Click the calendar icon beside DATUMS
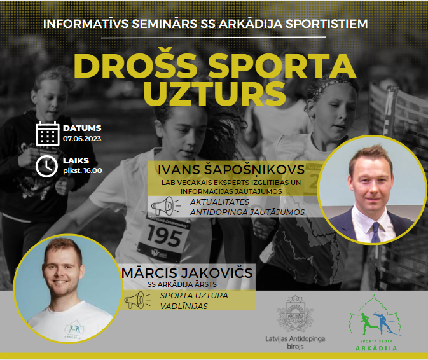pos(48,134)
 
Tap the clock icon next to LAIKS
pos(46,166)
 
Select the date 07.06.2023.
pos(83,139)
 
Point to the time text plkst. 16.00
pos(83,171)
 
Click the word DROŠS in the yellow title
pos(135,66)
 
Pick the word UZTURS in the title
pos(214,93)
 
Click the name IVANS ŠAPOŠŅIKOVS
pos(231,170)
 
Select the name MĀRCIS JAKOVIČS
pos(187,273)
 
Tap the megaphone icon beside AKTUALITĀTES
pos(165,206)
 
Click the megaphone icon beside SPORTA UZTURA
pos(137,300)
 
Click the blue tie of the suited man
pos(376,232)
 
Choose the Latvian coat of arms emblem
pos(295,314)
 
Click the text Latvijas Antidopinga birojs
pos(295,343)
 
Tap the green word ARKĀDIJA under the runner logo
pos(376,349)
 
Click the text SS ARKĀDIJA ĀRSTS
pos(182,284)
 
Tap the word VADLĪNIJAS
pos(184,306)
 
